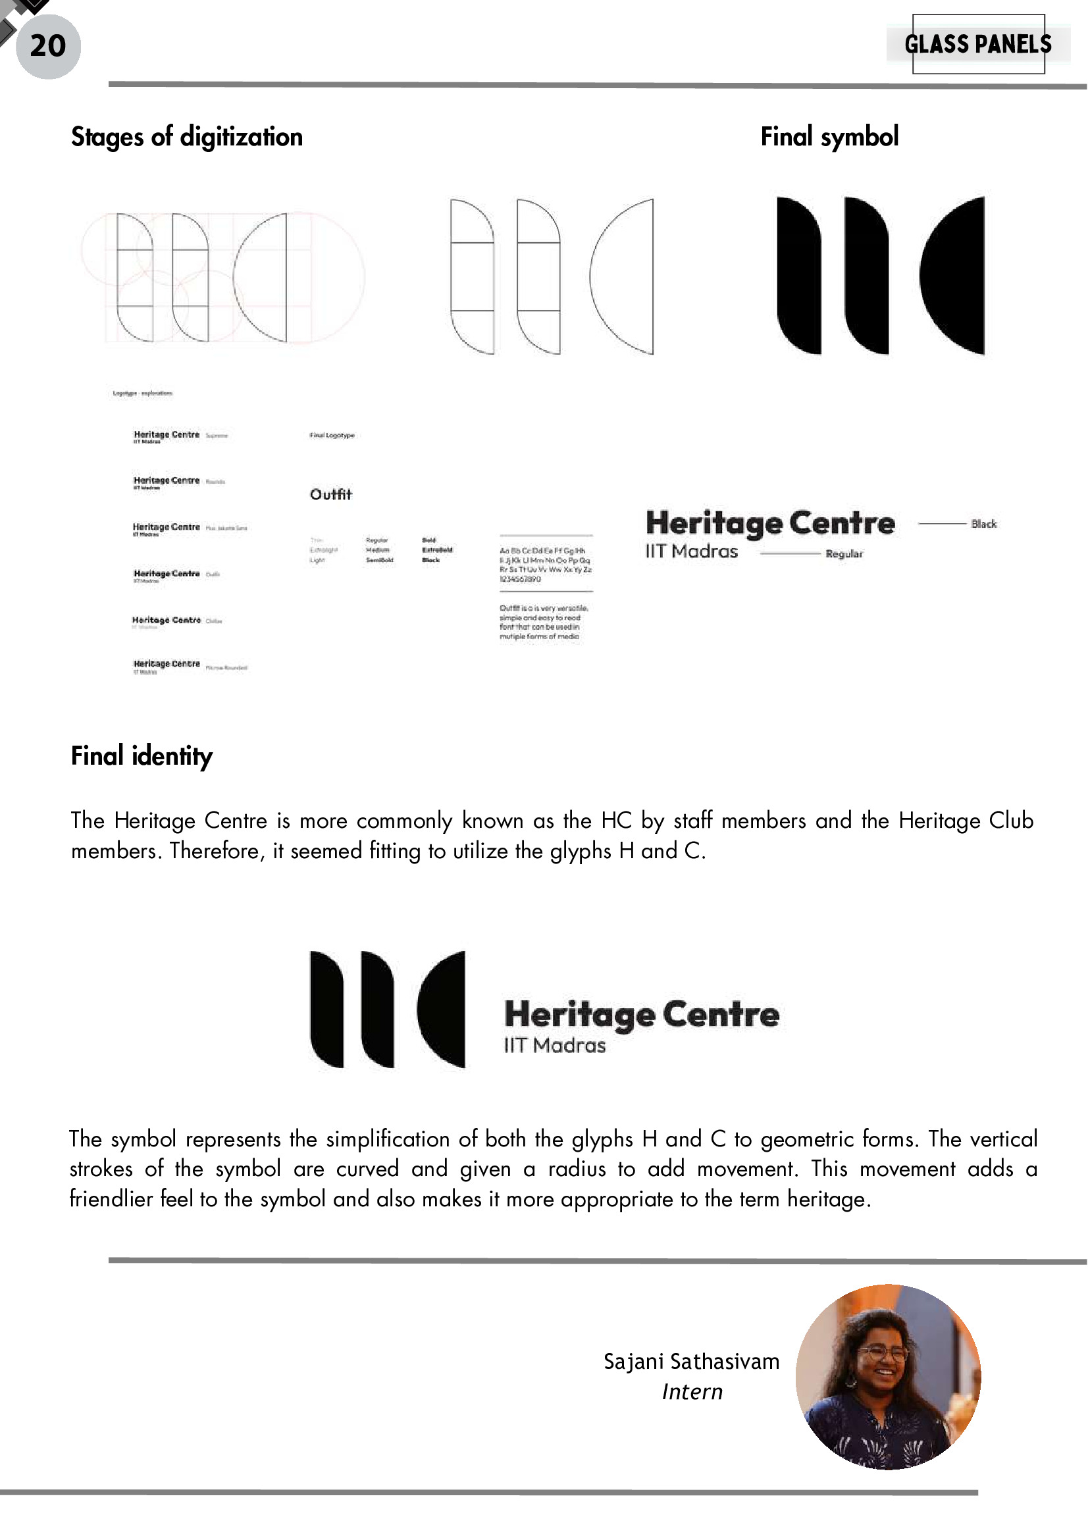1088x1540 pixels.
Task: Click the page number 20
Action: (47, 45)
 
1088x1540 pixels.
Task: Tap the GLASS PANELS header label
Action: (977, 44)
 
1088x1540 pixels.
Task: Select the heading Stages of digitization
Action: (186, 137)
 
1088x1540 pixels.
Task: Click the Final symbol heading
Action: (829, 137)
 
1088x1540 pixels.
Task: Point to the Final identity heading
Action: (142, 756)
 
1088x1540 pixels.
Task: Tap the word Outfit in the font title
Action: (330, 494)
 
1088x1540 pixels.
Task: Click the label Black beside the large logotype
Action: (983, 524)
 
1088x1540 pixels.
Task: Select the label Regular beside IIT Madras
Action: (844, 553)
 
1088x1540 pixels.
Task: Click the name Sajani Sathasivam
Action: (691, 1362)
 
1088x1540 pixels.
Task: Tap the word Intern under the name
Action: (692, 1392)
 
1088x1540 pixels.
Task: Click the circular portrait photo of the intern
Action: (888, 1376)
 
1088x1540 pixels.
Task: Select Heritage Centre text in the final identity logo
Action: (641, 1015)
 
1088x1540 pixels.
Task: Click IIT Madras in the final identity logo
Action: (555, 1045)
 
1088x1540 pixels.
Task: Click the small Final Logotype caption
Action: (331, 435)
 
